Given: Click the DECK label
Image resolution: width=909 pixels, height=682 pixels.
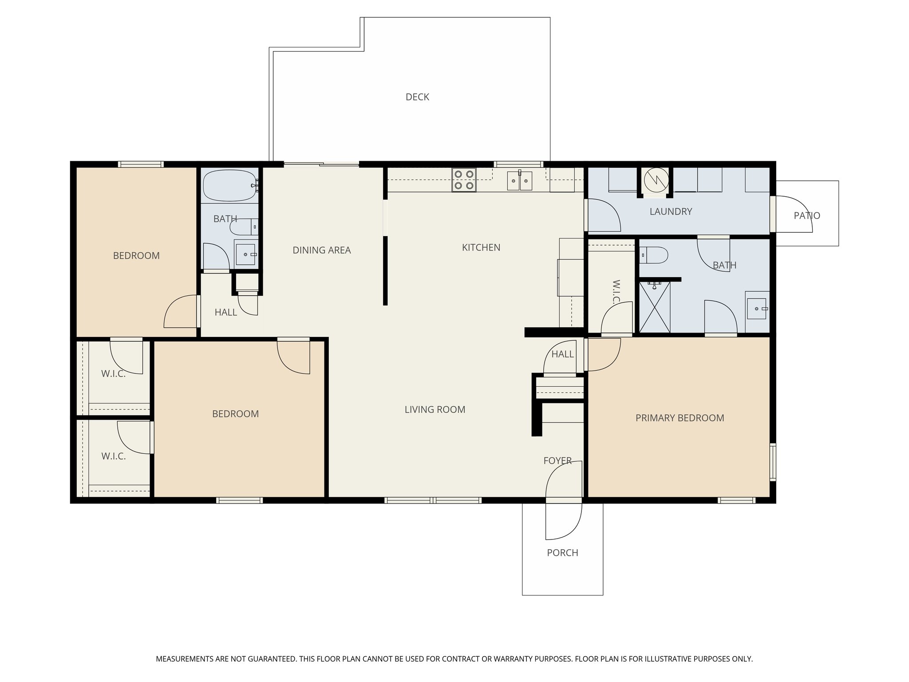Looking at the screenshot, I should coord(417,97).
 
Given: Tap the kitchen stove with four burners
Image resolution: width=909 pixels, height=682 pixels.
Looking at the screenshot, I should coord(464,180).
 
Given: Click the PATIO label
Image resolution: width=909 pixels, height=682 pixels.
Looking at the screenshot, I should coord(806,216).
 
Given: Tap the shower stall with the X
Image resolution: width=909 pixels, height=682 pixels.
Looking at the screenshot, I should coord(655,307).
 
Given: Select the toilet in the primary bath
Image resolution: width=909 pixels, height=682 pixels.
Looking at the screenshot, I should coord(654,255).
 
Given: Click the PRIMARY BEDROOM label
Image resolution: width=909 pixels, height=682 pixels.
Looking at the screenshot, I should coord(680,418).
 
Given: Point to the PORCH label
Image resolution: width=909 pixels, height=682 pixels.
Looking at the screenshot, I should coord(562,553).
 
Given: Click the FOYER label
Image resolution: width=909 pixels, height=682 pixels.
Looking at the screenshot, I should coord(557,461).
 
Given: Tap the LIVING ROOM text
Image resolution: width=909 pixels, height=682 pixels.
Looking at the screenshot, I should coord(435,409).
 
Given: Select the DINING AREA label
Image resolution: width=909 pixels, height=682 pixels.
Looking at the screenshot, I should coord(321,250).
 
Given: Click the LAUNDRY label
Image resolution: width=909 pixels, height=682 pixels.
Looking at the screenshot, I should coord(671,211).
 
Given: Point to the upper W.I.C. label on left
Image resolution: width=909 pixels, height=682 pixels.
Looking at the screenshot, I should coord(113,374).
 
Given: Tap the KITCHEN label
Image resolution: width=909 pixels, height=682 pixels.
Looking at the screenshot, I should coord(481,247).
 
